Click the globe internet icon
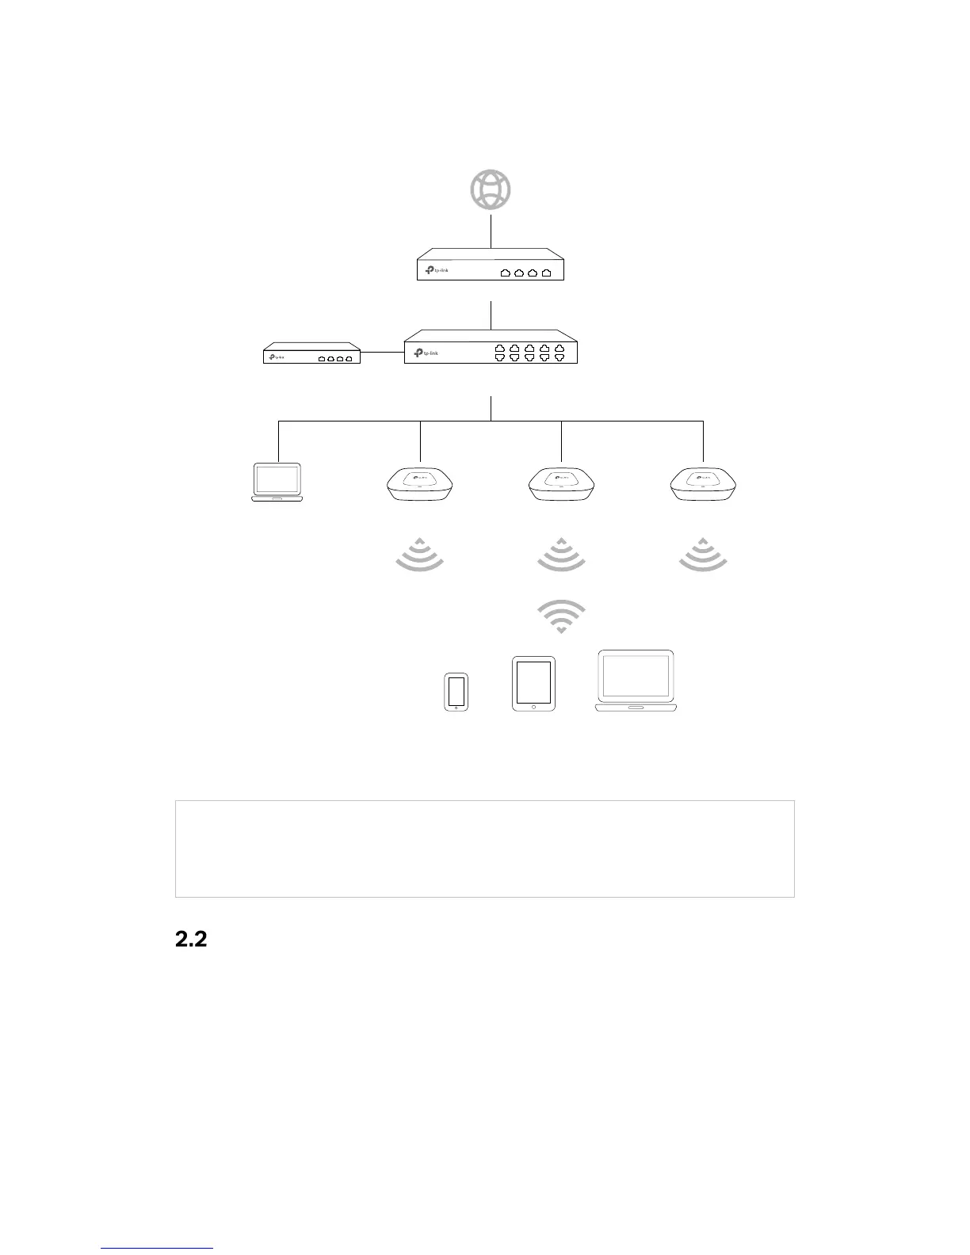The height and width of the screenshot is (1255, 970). click(x=491, y=190)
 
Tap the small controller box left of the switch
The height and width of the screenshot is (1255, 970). click(x=311, y=353)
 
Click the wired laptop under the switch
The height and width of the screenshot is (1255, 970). click(x=277, y=483)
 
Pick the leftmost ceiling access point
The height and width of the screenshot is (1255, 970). click(x=419, y=484)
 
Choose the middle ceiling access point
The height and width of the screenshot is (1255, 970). click(x=561, y=484)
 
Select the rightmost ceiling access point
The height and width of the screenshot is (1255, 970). click(x=703, y=484)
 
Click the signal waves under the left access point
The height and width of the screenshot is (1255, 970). click(x=419, y=554)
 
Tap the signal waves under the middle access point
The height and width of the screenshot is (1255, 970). click(x=561, y=554)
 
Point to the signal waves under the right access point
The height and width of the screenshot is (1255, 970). click(x=703, y=554)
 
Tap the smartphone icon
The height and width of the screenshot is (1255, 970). click(x=456, y=692)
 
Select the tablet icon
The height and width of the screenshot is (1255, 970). click(x=533, y=683)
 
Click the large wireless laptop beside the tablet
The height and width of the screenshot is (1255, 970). click(x=636, y=681)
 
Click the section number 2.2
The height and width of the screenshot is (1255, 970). click(x=190, y=940)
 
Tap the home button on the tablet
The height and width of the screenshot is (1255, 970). click(x=533, y=706)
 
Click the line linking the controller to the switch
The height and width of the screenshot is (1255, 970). click(x=382, y=353)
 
